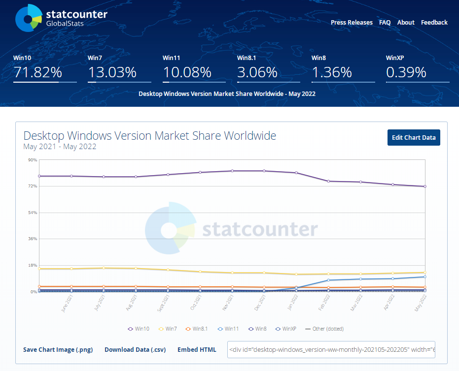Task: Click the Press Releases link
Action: click(x=352, y=23)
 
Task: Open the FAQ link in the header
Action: click(x=385, y=23)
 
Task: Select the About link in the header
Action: click(x=406, y=23)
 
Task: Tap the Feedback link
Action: click(x=434, y=23)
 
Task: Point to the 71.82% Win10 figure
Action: click(x=38, y=73)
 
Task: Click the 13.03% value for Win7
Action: click(x=112, y=73)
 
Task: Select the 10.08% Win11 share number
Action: click(x=187, y=73)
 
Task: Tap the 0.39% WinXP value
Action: click(x=406, y=73)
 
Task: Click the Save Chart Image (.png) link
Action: click(x=58, y=350)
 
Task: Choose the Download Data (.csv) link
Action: click(x=135, y=350)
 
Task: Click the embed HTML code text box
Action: click(x=331, y=350)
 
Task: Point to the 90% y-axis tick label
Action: click(x=33, y=160)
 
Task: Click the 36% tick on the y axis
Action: click(x=33, y=239)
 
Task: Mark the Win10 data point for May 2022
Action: click(x=424, y=186)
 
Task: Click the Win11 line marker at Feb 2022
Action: click(x=328, y=280)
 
